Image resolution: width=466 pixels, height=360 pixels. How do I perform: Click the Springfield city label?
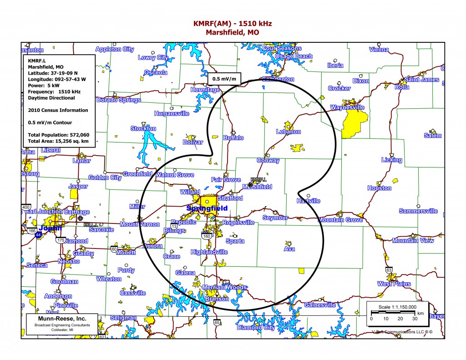pos(207,208)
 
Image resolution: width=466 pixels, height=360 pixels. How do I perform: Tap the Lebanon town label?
pos(289,132)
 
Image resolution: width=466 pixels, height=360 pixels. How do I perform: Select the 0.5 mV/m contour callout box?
pos(224,79)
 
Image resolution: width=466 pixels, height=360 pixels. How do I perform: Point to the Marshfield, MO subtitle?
pos(233,32)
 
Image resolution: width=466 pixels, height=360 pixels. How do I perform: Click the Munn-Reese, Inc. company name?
pos(62,319)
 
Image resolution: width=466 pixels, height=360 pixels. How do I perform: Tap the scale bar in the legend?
pos(393,312)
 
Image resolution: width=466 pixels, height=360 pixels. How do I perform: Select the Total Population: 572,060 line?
pos(58,135)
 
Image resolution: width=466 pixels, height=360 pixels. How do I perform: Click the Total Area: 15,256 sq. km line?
pos(58,142)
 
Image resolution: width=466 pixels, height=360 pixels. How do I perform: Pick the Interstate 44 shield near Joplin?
pos(38,234)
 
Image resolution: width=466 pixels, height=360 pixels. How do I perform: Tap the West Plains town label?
pos(394,284)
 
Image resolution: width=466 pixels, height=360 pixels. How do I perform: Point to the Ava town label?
pos(289,249)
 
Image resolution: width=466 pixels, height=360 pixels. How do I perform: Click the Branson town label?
pos(217,299)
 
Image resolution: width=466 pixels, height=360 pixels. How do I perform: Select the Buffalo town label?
pos(234,137)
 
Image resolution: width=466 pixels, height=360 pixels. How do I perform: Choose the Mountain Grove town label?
pos(340,220)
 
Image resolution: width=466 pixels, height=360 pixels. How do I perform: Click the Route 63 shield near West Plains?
pos(389,270)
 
